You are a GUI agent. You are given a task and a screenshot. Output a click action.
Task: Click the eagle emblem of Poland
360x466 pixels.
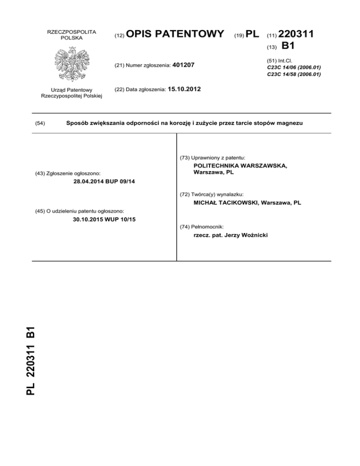pyautogui.click(x=72, y=63)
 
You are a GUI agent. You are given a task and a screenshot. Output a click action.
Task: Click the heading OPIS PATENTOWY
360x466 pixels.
pyautogui.click(x=175, y=34)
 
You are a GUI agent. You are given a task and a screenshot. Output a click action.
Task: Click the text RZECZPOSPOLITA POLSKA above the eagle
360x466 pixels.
pyautogui.click(x=72, y=34)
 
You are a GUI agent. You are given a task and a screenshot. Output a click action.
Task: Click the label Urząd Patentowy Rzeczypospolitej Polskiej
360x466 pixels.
pyautogui.click(x=72, y=93)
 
